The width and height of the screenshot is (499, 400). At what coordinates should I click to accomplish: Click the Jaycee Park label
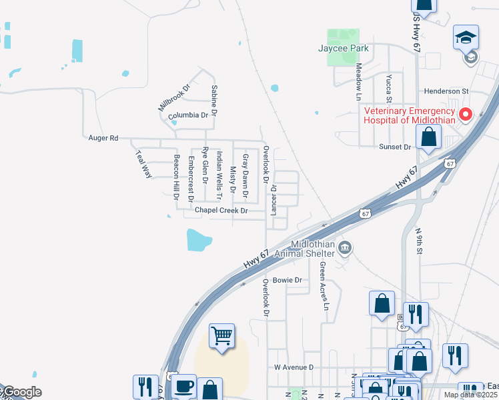click(344, 49)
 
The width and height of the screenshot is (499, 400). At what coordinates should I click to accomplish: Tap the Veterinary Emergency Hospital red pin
click(465, 114)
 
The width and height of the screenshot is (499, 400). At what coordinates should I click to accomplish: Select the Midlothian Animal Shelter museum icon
click(344, 249)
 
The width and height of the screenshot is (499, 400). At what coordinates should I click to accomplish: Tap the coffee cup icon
click(184, 385)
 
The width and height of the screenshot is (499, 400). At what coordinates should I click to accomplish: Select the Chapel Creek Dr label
click(221, 211)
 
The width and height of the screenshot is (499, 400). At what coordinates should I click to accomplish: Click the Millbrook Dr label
click(174, 97)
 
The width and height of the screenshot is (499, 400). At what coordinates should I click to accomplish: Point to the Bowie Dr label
click(288, 281)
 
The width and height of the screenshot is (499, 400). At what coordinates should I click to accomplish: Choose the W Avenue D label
click(294, 367)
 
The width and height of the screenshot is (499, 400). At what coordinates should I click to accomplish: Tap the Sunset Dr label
click(396, 147)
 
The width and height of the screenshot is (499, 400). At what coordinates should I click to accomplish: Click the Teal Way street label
click(143, 164)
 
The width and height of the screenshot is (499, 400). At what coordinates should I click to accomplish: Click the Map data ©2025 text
click(470, 395)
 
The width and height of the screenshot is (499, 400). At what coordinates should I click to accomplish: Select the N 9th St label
click(419, 241)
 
